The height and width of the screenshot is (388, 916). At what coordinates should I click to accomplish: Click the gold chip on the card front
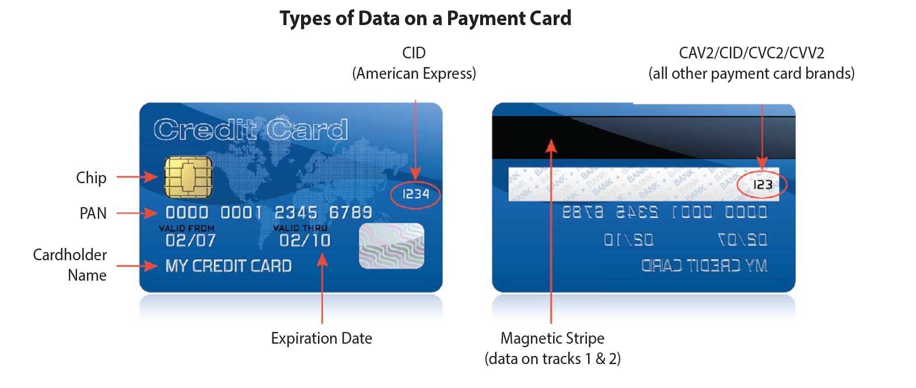pos(188,177)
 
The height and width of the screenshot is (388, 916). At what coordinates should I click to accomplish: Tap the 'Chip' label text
pos(91,178)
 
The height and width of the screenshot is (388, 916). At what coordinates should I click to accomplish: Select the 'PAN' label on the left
pos(93,214)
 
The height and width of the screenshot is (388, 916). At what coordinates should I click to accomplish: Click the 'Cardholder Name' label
pos(70,265)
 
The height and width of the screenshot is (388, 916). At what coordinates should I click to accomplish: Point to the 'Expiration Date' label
pos(321,338)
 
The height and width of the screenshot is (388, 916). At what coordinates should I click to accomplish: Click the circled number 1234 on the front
pos(415,194)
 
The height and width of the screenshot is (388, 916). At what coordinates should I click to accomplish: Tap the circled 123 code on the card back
pos(762,185)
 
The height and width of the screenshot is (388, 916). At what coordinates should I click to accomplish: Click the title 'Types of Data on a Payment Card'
pos(425,19)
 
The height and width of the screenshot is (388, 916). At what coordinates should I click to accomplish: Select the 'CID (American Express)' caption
pos(414,63)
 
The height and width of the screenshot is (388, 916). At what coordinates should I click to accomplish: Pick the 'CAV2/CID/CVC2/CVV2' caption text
pos(751,53)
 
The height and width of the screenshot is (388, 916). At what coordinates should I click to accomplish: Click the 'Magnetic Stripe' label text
pos(553,338)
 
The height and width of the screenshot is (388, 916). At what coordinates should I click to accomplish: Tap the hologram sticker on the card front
pos(391,246)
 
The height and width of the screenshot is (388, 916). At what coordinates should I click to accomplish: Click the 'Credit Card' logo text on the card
pos(251,130)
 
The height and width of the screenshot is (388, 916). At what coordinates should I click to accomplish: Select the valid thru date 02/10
pos(305,240)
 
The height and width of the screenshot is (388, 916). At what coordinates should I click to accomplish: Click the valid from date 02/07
pos(190,240)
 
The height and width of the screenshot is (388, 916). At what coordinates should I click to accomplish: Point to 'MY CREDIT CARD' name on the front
pos(228,266)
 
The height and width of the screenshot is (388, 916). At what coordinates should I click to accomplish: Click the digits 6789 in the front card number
pos(350,212)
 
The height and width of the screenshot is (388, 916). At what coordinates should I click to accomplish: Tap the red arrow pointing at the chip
pos(137,177)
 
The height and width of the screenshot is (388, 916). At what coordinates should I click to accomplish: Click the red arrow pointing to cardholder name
pos(137,266)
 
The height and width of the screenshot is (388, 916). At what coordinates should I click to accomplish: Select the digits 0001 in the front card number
pos(240,212)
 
